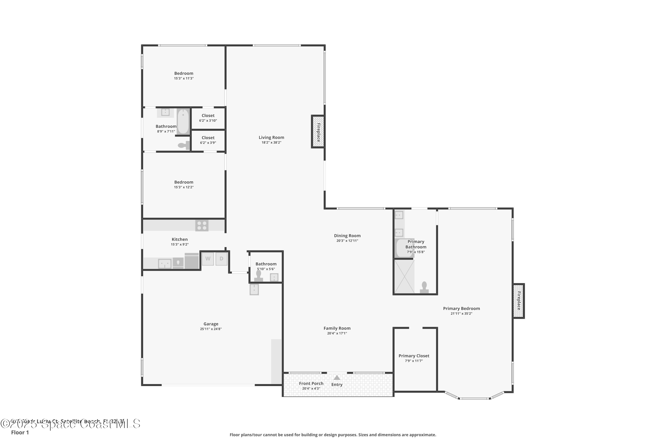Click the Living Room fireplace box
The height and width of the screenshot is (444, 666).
tap(318, 132)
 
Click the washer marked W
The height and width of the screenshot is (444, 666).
tap(208, 259)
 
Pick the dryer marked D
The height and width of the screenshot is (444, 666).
tap(221, 259)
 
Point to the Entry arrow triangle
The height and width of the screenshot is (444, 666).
tap(337, 377)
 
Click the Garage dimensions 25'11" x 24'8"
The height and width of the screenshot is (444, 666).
tap(211, 329)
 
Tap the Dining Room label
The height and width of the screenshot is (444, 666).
tap(347, 236)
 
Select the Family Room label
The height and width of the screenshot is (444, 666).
tap(337, 328)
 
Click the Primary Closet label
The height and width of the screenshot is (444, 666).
tap(414, 356)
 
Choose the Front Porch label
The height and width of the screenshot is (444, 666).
tap(311, 383)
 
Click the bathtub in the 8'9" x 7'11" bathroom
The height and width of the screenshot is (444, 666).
tap(183, 121)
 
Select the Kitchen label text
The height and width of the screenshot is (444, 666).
tap(180, 239)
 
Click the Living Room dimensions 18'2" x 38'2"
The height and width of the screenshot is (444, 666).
tap(271, 143)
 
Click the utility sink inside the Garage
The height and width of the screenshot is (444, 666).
tap(254, 290)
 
